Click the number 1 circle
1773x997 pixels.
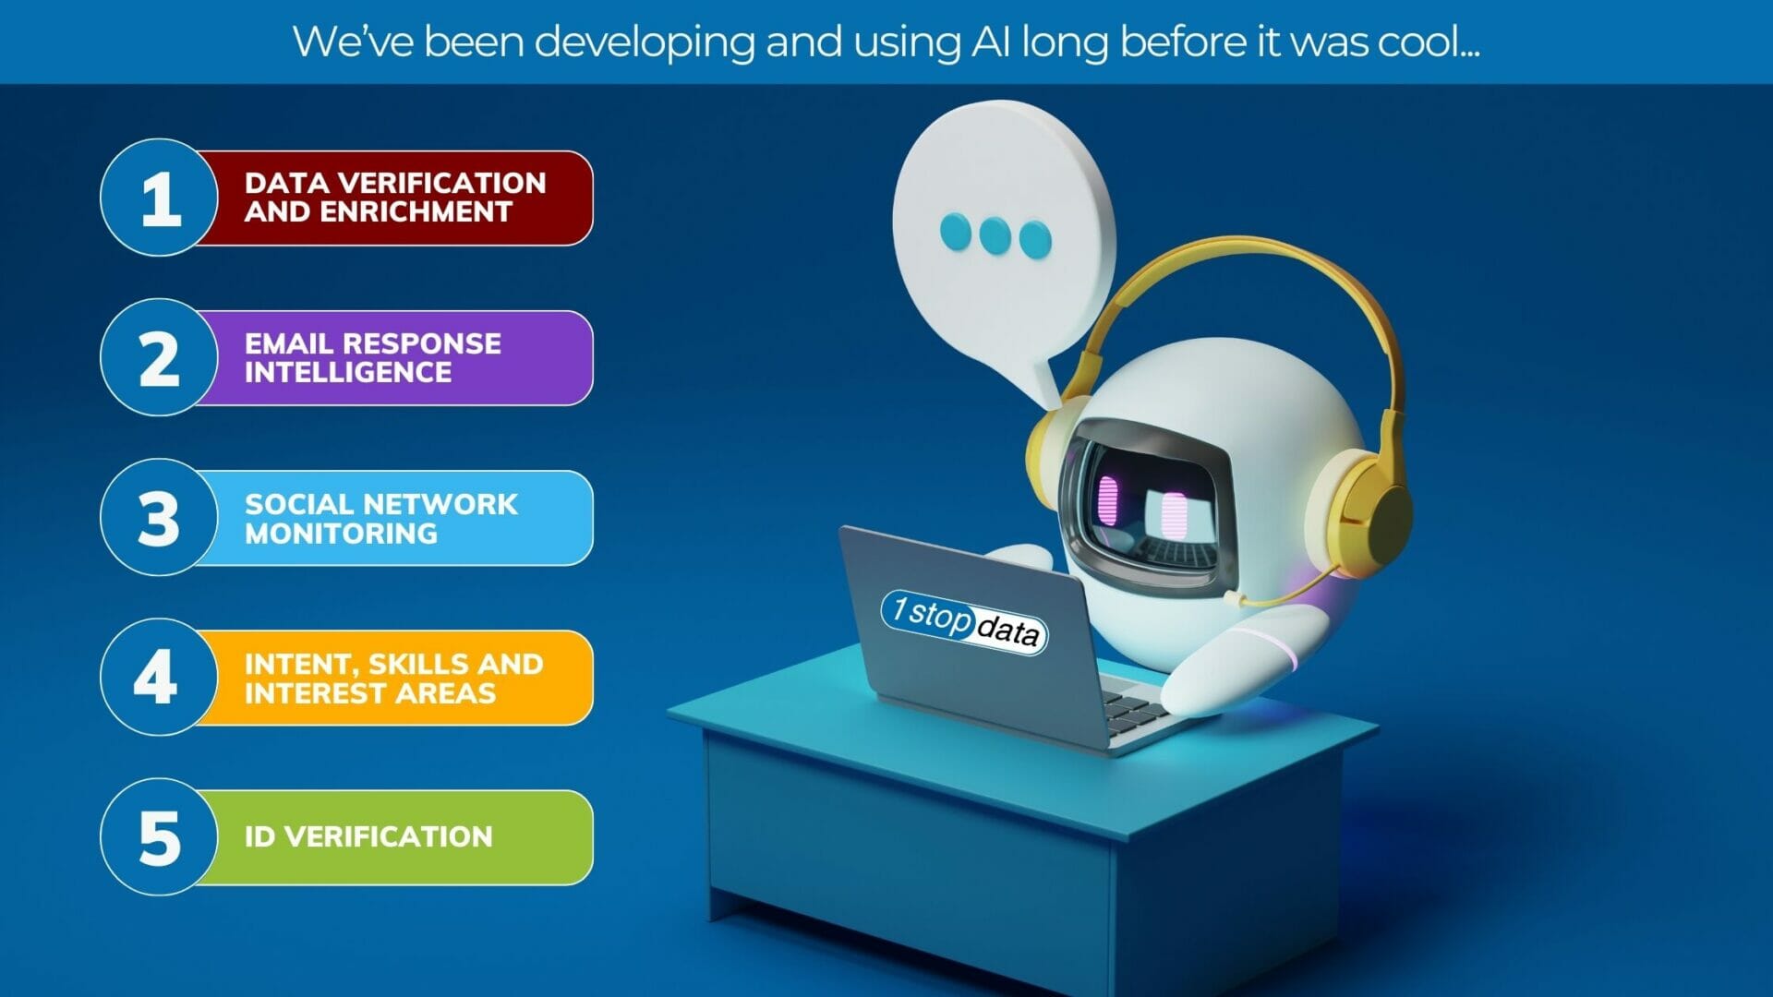click(x=159, y=198)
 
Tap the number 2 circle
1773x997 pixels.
click(x=159, y=358)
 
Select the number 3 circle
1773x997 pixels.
click(x=159, y=518)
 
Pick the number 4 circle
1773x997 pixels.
click(x=159, y=678)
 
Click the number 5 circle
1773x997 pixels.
click(x=159, y=837)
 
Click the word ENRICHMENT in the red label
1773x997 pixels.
click(x=416, y=212)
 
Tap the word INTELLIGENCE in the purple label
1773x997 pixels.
click(x=348, y=373)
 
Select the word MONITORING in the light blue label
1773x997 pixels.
click(x=341, y=534)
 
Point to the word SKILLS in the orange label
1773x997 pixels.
click(x=417, y=665)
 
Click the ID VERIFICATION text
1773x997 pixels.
click(x=368, y=837)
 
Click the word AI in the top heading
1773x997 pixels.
click(x=990, y=42)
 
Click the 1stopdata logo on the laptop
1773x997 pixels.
click(x=964, y=622)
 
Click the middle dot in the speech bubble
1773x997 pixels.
click(x=995, y=235)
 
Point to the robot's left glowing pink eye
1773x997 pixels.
click(x=1107, y=500)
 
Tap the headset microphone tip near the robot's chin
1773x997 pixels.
click(x=1232, y=598)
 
